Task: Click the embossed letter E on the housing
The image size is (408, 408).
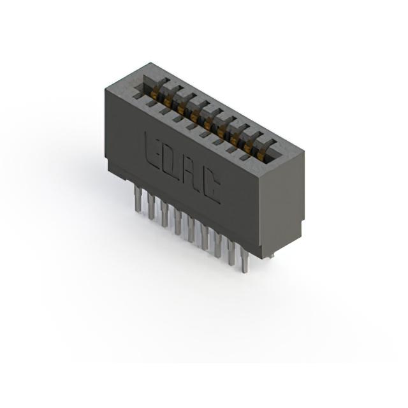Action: (x=152, y=150)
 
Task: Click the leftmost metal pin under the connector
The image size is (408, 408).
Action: (x=137, y=198)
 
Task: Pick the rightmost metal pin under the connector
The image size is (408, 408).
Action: (x=244, y=259)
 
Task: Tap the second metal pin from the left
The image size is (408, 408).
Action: (x=150, y=207)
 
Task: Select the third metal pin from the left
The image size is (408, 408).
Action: (x=164, y=214)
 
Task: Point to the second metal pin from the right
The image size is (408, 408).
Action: (x=231, y=252)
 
